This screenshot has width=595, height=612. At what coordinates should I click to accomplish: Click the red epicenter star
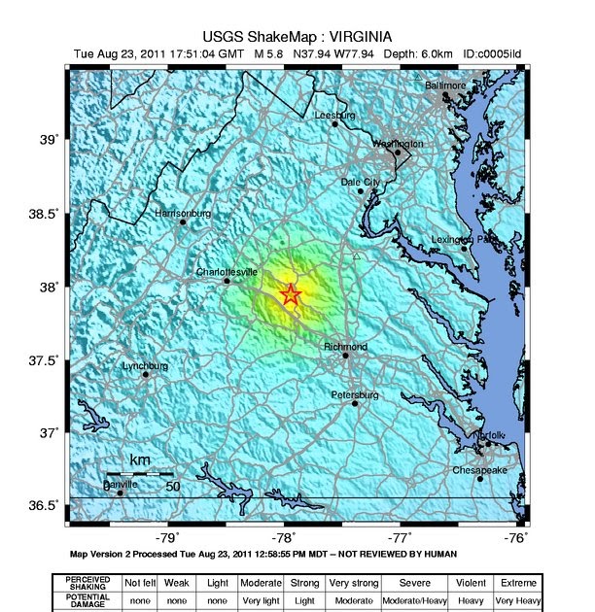[291, 294]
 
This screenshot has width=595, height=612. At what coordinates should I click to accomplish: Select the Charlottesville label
[227, 272]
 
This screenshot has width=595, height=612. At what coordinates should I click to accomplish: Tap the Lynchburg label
[145, 366]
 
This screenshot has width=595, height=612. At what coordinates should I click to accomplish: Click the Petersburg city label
[354, 394]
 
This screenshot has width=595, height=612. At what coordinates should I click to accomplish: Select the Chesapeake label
[479, 470]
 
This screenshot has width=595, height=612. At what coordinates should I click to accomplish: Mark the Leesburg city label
[335, 115]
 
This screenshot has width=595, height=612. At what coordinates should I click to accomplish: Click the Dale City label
[361, 182]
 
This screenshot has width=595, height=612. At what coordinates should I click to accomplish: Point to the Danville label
[121, 484]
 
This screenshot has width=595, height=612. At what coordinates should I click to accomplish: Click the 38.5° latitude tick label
[46, 214]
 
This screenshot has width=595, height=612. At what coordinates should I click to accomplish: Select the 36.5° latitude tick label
[46, 506]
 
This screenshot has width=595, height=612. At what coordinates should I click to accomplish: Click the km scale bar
[139, 473]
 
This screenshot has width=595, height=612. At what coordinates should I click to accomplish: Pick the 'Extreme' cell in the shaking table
[519, 582]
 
